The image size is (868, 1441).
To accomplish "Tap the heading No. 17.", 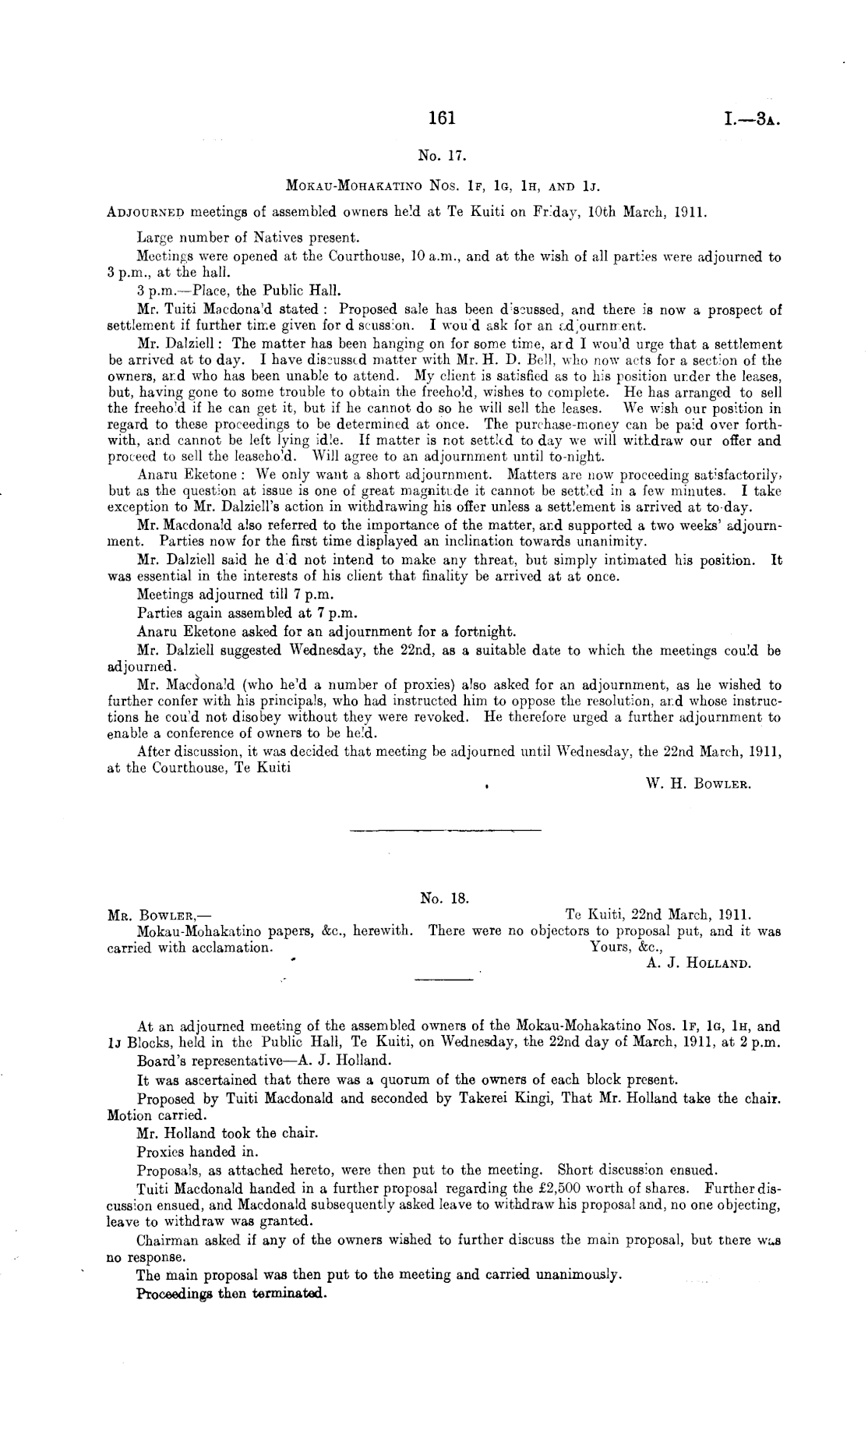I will (x=442, y=155).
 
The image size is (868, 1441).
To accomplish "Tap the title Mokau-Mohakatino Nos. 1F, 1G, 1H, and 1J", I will (x=442, y=187).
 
